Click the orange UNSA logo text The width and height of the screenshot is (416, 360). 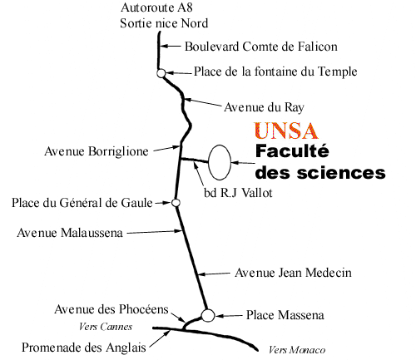point(286,131)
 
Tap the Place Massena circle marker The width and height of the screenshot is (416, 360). point(208,315)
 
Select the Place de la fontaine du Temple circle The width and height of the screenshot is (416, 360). point(161,73)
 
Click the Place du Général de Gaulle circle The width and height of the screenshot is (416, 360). point(176,203)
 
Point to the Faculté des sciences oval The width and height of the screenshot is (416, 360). point(208,162)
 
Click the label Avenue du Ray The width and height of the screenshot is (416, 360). point(264,107)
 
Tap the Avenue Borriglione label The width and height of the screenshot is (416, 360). point(97,151)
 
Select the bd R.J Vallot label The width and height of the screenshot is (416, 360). point(238,193)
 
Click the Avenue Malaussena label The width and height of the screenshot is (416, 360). point(70,233)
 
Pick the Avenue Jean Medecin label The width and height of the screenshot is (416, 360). point(293,273)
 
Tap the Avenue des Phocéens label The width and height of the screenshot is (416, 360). point(111,309)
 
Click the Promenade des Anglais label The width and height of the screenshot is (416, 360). point(84,348)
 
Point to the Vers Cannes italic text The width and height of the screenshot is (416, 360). point(106,327)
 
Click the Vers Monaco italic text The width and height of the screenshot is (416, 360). point(297,350)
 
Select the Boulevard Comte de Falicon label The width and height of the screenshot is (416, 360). point(261,47)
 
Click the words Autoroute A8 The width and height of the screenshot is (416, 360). point(156,7)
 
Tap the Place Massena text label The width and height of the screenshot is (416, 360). point(285,315)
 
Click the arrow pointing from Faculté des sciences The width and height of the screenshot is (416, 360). point(243,163)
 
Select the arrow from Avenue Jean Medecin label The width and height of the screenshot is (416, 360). point(214,274)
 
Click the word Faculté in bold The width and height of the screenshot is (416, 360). point(292,151)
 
